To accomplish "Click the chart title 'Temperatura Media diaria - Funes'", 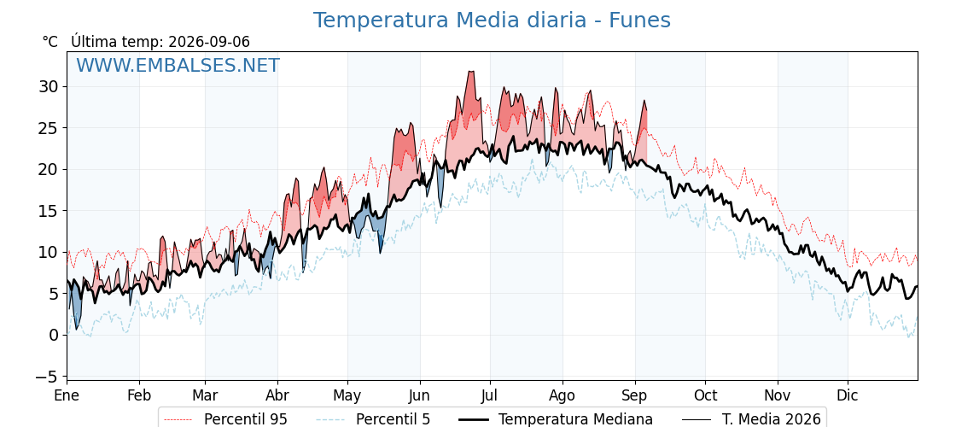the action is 492,20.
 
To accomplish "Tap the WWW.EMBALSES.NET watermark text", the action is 178,65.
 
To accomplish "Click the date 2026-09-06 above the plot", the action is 209,42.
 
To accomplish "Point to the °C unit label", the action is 50,42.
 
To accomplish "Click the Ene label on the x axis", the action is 67,396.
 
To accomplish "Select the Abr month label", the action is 277,396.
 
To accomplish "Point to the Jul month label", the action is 490,396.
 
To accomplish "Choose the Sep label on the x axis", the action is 635,396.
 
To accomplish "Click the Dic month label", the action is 848,396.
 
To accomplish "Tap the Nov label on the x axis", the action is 778,396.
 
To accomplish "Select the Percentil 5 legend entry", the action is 374,419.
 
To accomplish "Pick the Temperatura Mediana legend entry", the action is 555,419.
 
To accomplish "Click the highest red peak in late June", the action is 470,72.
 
